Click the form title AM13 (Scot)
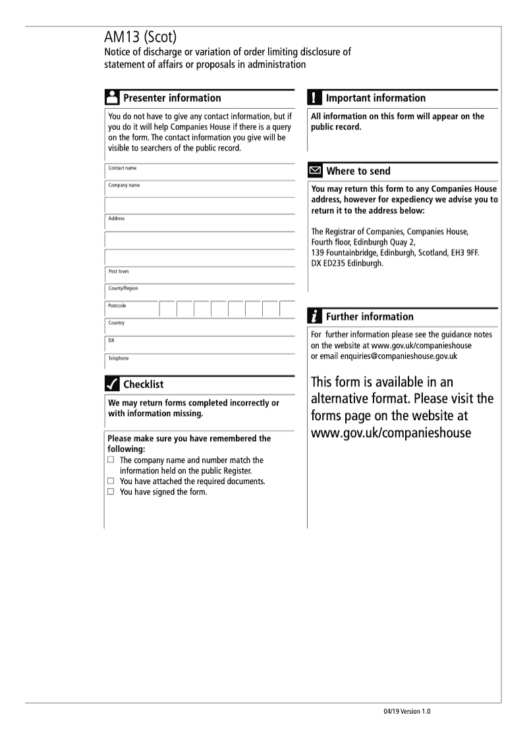pos(138,38)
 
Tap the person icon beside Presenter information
pos(112,98)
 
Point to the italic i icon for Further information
pos(315,317)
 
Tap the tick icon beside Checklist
pos(112,384)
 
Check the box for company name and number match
pos(111,460)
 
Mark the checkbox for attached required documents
pos(111,481)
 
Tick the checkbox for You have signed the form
pos(111,491)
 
